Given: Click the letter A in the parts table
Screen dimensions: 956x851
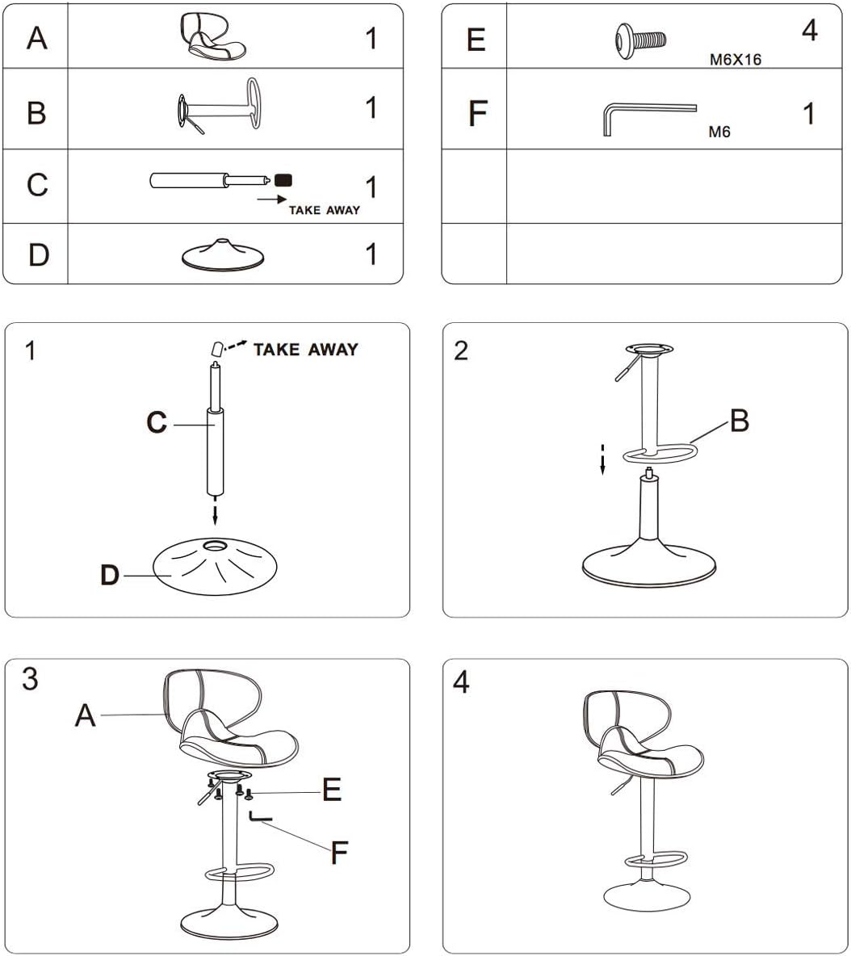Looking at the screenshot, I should (x=36, y=37).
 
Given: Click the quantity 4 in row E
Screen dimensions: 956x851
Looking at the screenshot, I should (x=809, y=31).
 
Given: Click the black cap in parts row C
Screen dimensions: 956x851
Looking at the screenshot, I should (x=283, y=179).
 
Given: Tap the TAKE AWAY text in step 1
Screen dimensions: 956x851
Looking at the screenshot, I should (x=305, y=350).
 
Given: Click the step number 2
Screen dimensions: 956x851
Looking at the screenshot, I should (x=461, y=351).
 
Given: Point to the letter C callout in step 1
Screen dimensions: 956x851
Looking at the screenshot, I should (x=157, y=422).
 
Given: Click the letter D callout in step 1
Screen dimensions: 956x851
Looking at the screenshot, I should (x=110, y=575).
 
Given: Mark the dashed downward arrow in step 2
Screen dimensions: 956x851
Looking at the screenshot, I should (x=602, y=461).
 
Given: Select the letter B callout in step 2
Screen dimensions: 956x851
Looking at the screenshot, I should (x=738, y=420).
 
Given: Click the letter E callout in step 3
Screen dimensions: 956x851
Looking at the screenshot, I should (x=331, y=790).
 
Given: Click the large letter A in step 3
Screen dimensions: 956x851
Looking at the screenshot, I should (x=85, y=715).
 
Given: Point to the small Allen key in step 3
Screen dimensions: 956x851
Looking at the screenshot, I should (x=260, y=818).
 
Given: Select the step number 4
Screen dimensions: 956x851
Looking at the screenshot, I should (x=461, y=682).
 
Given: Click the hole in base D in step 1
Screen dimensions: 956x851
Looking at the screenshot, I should (x=215, y=547).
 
